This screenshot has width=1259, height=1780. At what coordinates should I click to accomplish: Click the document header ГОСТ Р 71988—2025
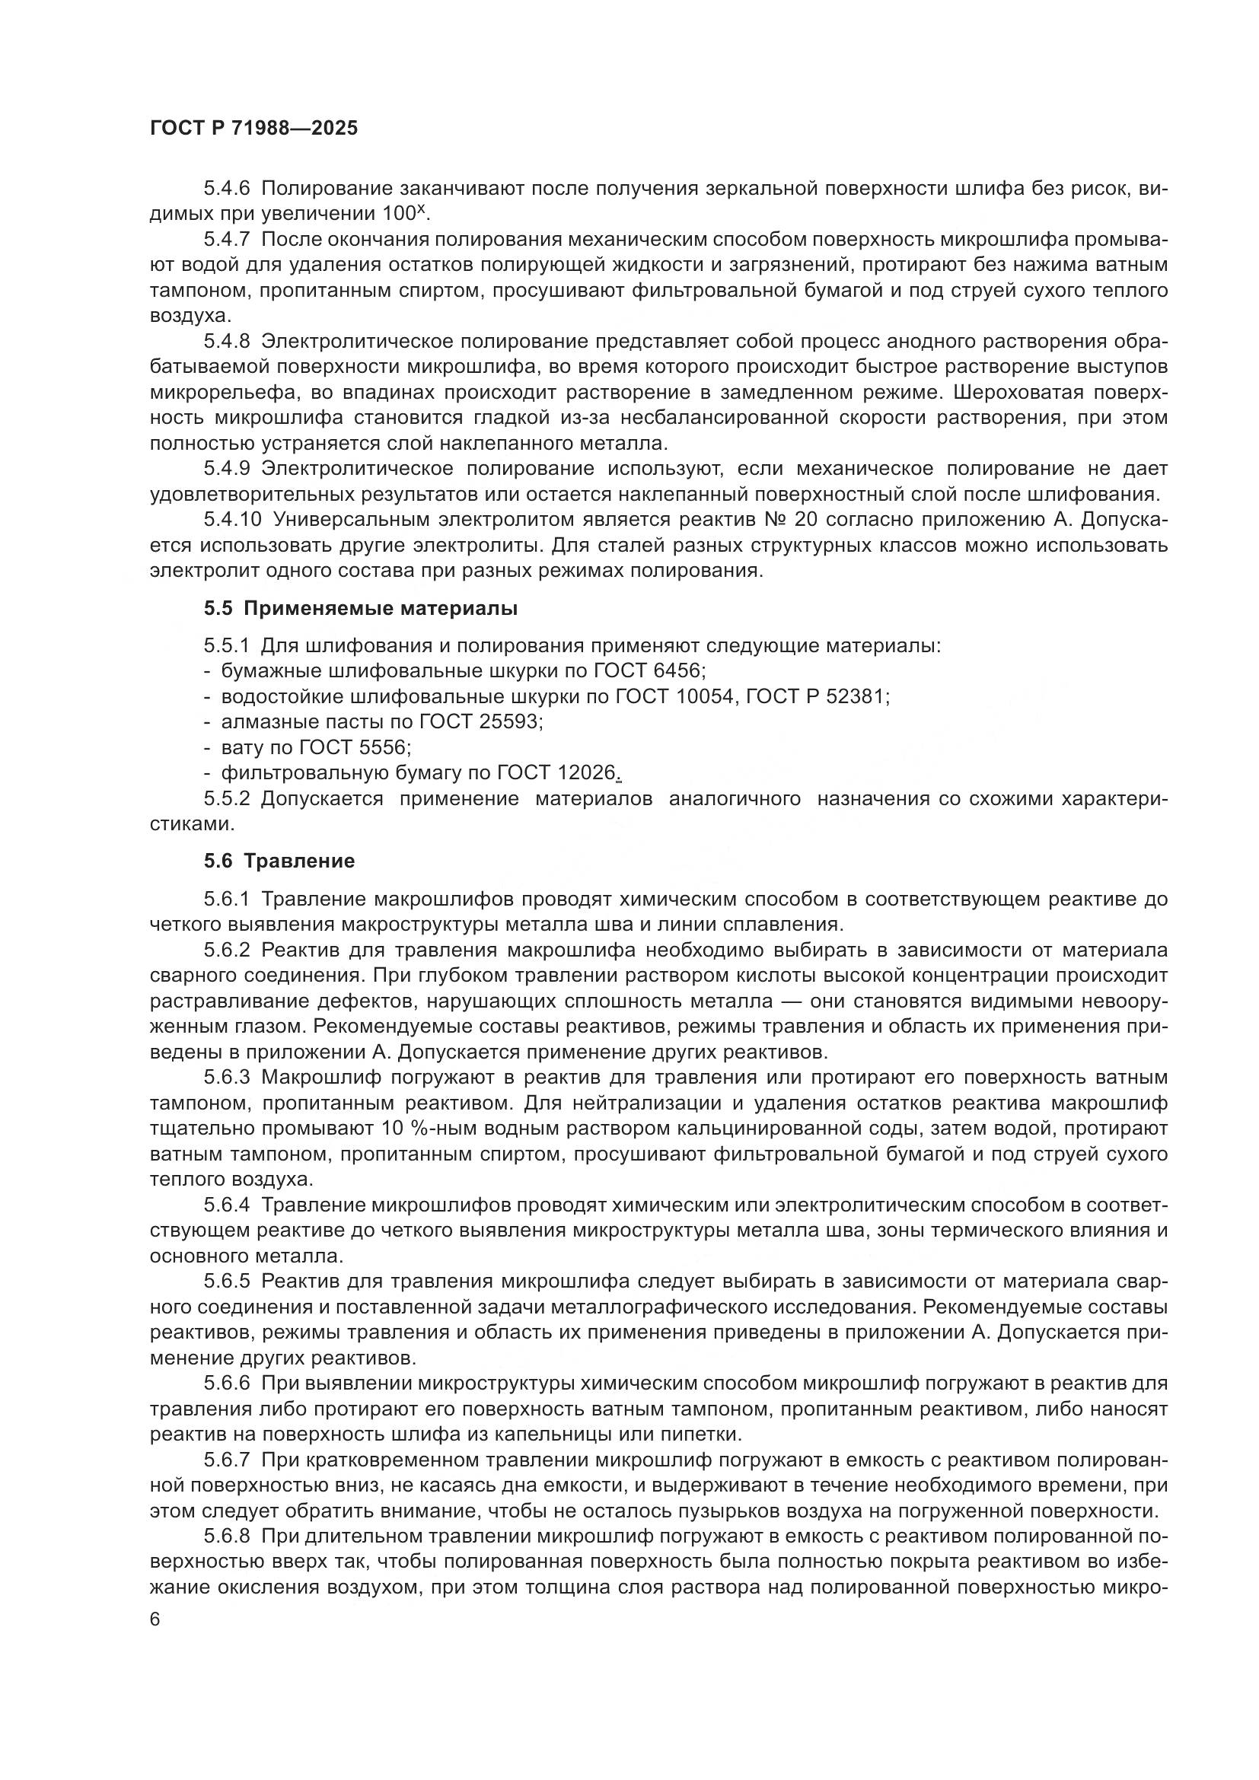coord(253,129)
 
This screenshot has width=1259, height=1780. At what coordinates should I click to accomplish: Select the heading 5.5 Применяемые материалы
coord(361,609)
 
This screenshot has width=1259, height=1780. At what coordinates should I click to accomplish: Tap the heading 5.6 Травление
coord(279,861)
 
